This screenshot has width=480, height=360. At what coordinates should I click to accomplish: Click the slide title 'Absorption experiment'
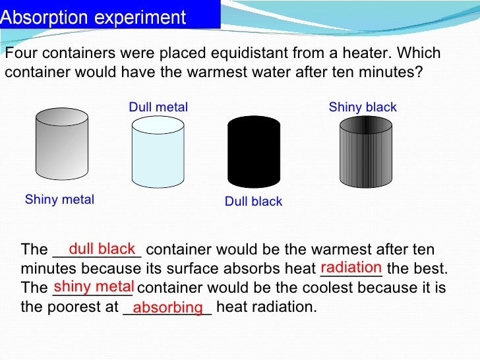click(x=93, y=17)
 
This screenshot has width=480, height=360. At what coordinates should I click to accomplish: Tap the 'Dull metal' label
click(x=158, y=107)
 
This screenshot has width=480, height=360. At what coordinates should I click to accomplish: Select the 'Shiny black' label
click(x=363, y=107)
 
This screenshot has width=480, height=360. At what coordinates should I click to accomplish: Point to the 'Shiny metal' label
click(x=59, y=200)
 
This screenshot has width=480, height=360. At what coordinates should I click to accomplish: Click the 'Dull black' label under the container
click(x=253, y=202)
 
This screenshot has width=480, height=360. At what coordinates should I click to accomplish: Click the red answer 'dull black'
click(x=102, y=249)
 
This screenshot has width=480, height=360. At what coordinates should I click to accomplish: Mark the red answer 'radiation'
click(x=351, y=267)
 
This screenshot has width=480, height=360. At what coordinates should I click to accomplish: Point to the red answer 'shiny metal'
click(x=94, y=286)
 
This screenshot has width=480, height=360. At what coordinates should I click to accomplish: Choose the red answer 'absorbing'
click(x=167, y=307)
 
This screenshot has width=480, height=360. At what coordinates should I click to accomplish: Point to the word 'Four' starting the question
click(x=18, y=54)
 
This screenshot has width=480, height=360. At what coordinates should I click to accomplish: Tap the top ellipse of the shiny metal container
click(x=61, y=117)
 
